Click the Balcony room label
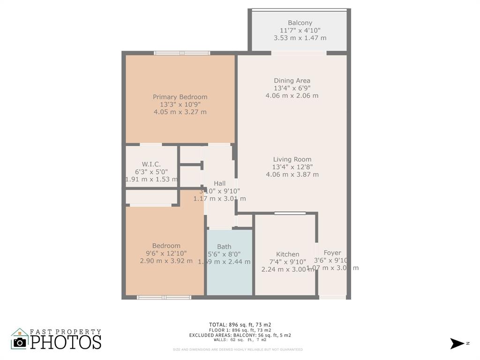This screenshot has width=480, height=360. click(300, 22)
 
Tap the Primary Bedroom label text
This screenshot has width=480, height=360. click(180, 97)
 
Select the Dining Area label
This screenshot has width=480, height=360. click(292, 81)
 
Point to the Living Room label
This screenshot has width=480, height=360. click(292, 159)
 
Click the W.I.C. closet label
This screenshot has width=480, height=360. click(151, 164)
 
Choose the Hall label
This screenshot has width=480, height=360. click(219, 183)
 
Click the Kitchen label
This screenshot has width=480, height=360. click(287, 255)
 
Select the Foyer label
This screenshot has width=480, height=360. click(332, 253)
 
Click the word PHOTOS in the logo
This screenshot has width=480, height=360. click(66, 342)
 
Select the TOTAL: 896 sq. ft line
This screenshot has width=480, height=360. click(240, 324)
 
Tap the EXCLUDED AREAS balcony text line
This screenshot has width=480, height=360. click(240, 335)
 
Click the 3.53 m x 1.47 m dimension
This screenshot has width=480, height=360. click(300, 38)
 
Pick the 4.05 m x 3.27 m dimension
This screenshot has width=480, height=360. click(180, 112)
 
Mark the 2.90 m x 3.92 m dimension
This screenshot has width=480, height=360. click(166, 261)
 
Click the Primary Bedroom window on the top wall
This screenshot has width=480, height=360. click(182, 53)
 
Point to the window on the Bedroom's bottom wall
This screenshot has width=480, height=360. click(164, 297)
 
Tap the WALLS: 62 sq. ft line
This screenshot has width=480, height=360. click(240, 340)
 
